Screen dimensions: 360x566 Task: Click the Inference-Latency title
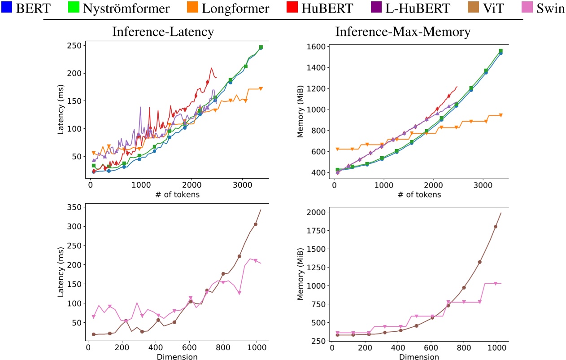pos(163,32)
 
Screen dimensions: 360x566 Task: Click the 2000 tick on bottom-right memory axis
pos(316,211)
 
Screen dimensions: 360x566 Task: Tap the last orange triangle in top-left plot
pos(261,88)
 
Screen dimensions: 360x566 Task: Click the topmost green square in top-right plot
pos(501,51)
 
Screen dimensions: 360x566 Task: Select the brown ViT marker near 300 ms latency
pos(256,224)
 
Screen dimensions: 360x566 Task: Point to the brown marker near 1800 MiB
pos(496,226)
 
